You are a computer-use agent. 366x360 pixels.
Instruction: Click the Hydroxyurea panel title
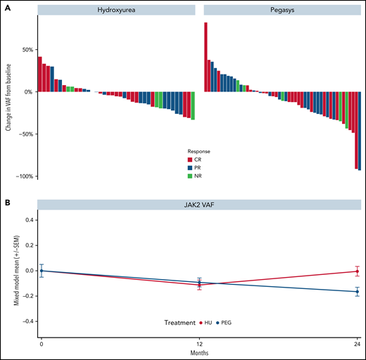(x=116, y=11)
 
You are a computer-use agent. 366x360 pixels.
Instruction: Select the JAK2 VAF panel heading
(x=201, y=204)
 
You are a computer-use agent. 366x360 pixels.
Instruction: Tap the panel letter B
(x=7, y=202)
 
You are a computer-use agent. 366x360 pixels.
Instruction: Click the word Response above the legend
(x=199, y=151)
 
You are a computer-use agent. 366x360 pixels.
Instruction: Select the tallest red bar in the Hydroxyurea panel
(x=40, y=75)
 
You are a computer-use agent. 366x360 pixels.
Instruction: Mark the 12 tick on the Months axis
(x=199, y=345)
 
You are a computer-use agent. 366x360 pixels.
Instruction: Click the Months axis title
(x=201, y=354)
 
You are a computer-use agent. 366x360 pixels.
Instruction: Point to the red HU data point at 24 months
(x=358, y=271)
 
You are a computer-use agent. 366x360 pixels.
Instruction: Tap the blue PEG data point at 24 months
(x=358, y=291)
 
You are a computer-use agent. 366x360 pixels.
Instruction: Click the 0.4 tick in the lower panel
(x=27, y=219)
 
